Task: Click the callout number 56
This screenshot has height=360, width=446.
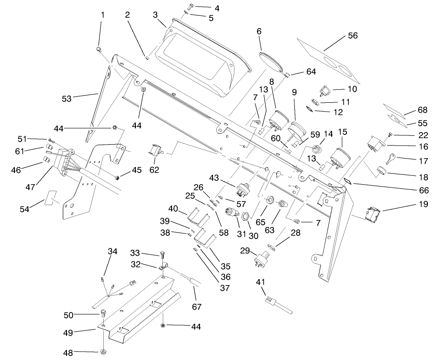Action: (x=353, y=36)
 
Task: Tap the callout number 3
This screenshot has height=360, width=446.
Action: (x=155, y=14)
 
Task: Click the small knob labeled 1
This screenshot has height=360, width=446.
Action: (x=99, y=48)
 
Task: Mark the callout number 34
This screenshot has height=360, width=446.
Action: (x=113, y=252)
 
